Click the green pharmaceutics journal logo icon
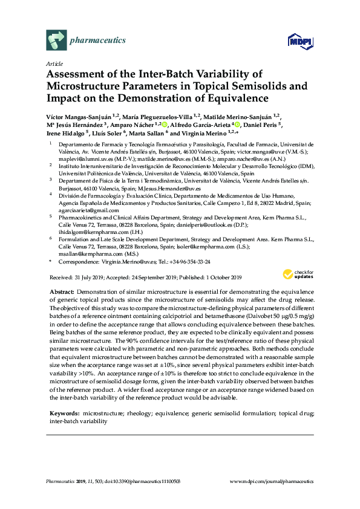pos(56,41)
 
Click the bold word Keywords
pos(64,412)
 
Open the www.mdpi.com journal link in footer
pos(273,481)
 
